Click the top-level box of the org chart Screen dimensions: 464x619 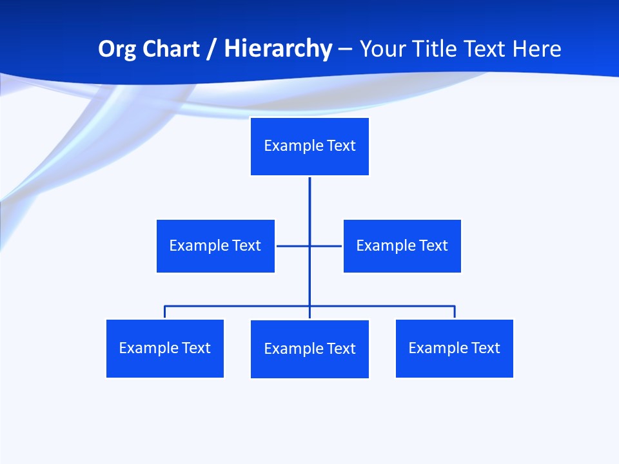[309, 146]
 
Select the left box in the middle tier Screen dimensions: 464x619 [215, 246]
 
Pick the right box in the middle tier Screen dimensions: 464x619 [402, 246]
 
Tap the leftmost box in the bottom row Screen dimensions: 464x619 [164, 348]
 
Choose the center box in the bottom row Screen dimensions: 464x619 [309, 349]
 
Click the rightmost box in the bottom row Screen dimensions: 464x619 [454, 348]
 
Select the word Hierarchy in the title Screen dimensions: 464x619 [278, 49]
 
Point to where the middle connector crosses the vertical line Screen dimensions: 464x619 [309, 246]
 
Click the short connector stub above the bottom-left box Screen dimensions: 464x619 [165, 312]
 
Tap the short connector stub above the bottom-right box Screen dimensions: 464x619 [455, 312]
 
